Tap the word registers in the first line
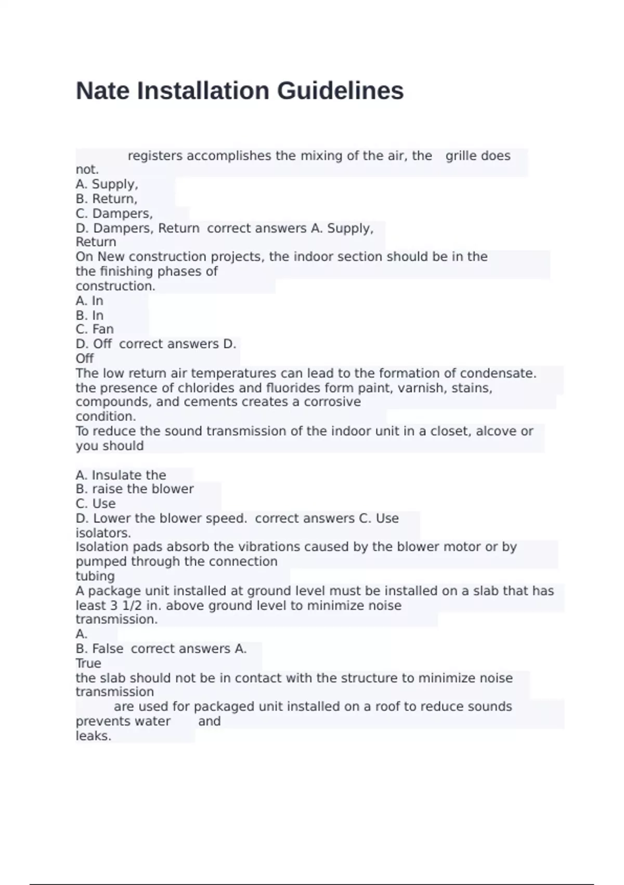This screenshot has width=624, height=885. tap(155, 156)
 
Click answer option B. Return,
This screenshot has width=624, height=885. tap(107, 199)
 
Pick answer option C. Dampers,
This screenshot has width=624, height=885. tap(114, 213)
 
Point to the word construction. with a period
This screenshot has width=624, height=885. tap(115, 286)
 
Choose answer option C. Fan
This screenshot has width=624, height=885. tap(95, 329)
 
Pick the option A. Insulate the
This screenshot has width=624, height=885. tap(121, 475)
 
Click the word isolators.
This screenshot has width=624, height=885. tap(103, 533)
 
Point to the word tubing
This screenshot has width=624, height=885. tap(95, 576)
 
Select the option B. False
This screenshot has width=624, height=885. tap(99, 649)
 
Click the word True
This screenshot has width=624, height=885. tap(88, 663)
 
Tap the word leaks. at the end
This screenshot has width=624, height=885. tap(94, 736)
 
